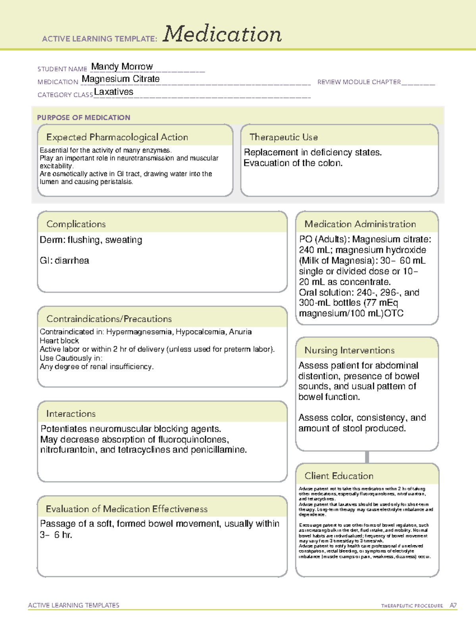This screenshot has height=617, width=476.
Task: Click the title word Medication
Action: [222, 34]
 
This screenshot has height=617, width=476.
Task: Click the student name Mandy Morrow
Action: [122, 67]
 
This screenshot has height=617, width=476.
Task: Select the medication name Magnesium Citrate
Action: [121, 79]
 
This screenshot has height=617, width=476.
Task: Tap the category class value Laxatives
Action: [113, 92]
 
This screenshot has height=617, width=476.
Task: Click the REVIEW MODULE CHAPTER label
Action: [359, 82]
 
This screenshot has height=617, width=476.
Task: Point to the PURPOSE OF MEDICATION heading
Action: [83, 118]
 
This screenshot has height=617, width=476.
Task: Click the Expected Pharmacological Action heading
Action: [117, 137]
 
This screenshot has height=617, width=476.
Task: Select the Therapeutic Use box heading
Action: [283, 137]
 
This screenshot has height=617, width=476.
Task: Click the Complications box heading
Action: [76, 224]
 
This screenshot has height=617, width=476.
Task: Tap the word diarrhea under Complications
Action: [72, 261]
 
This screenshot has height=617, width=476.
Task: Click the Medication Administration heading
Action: [360, 224]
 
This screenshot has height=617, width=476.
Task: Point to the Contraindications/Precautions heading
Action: [109, 319]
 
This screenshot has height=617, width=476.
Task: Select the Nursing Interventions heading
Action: [349, 350]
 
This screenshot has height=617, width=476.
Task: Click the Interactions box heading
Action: [71, 414]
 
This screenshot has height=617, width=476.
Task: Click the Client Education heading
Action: [339, 476]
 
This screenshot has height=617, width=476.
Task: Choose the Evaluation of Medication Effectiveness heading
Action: [127, 509]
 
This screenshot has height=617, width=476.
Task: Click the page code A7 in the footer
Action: [453, 605]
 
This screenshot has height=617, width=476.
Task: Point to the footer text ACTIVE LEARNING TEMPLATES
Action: [73, 605]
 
